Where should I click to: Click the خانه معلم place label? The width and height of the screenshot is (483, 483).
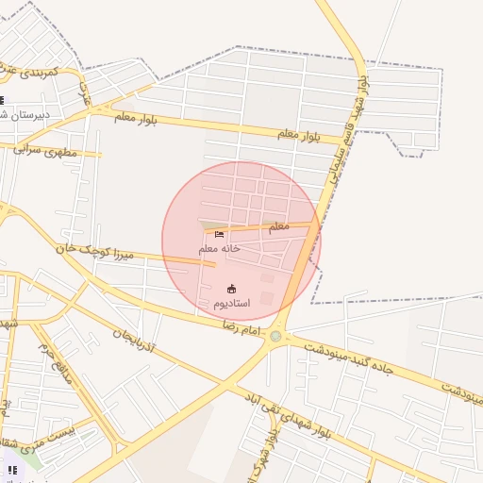[220, 248]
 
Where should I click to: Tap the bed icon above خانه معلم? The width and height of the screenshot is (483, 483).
[220, 234]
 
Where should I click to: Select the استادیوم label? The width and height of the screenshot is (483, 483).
[231, 303]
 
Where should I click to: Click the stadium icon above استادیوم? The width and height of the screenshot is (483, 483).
[232, 289]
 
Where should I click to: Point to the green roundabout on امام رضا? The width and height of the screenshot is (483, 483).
[275, 336]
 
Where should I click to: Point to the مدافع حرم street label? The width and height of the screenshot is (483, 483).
[56, 358]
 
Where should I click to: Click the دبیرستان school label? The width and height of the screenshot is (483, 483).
[28, 114]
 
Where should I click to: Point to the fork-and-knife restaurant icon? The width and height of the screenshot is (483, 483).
[11, 469]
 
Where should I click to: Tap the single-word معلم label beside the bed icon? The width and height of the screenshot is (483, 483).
[277, 226]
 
